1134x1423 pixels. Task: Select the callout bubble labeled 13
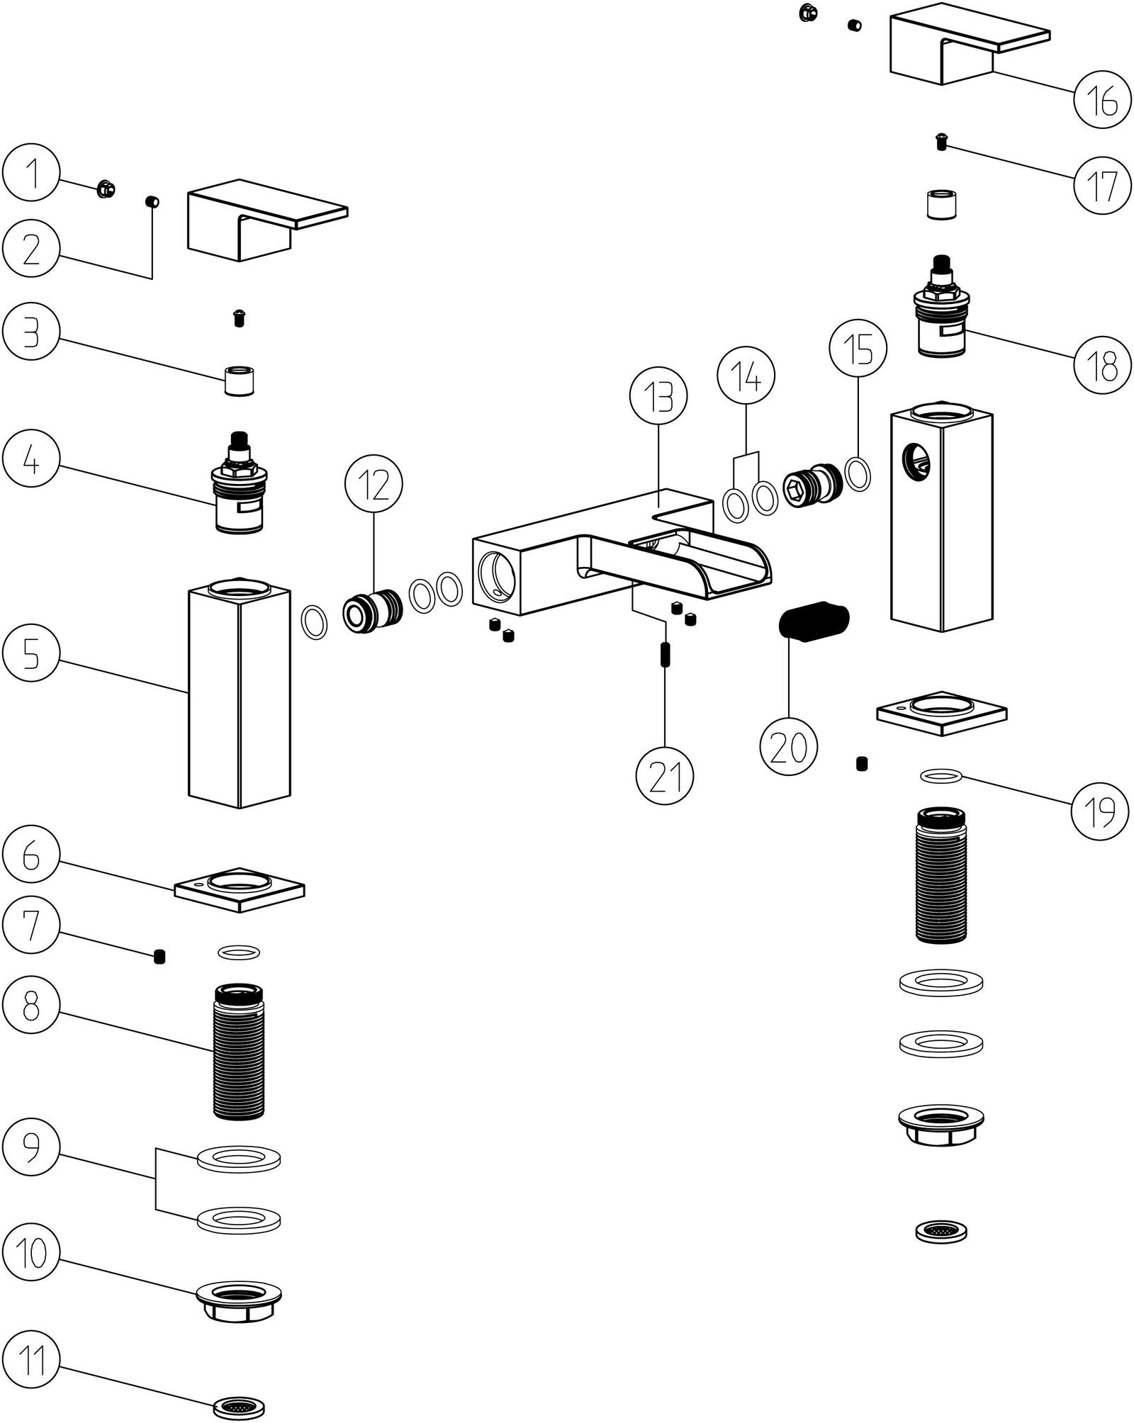[x=659, y=398]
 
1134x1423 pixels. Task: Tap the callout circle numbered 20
[x=789, y=746]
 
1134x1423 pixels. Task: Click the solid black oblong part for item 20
[x=812, y=621]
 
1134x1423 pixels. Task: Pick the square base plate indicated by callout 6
[x=240, y=889]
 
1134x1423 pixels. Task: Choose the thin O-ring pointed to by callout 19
[x=941, y=777]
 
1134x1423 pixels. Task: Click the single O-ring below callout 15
[x=858, y=474]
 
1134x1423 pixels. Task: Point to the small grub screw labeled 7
[x=159, y=958]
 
